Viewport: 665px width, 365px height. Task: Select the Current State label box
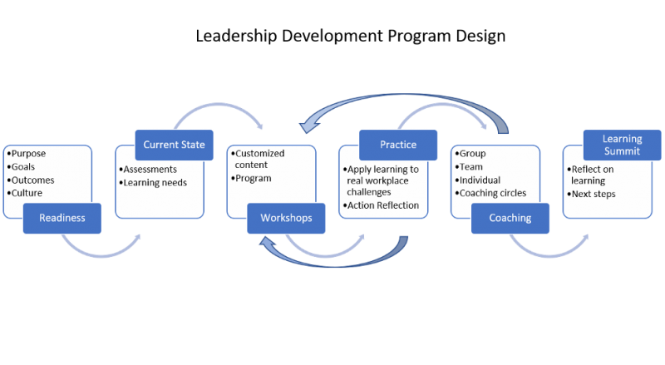[x=175, y=145]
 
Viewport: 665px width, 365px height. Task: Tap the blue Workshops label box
[x=285, y=218]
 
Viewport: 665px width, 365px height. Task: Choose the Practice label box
[x=398, y=145]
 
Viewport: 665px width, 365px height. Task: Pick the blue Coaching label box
[x=510, y=218]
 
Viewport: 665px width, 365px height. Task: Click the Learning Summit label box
[x=623, y=145]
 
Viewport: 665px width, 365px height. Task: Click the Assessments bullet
[x=150, y=170]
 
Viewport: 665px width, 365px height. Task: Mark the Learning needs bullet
[x=155, y=183]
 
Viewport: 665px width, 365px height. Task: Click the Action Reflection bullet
[x=383, y=206]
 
